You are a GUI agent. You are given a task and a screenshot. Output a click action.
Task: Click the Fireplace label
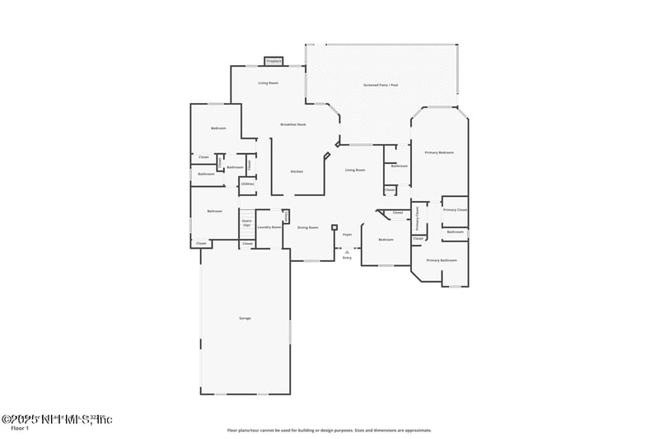(x=273, y=61)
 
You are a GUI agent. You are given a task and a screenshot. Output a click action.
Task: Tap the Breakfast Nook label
(x=292, y=124)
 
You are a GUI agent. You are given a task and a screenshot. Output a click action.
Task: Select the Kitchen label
(x=297, y=171)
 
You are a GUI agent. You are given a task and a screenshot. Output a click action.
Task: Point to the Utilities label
(x=247, y=184)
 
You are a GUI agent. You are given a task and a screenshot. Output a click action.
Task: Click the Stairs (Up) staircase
(x=246, y=222)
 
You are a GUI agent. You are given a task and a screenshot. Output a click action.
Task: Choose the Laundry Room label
(x=269, y=227)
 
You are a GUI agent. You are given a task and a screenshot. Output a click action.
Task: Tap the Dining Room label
(x=307, y=227)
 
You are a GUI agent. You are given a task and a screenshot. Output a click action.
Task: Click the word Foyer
(x=348, y=235)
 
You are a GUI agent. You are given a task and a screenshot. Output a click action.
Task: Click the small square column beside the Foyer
(x=334, y=227)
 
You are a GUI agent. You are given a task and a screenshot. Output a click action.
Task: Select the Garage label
(x=245, y=318)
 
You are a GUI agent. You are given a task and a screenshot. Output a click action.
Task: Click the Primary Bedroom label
(x=439, y=152)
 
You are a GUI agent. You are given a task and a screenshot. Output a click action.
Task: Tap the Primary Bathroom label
(x=441, y=260)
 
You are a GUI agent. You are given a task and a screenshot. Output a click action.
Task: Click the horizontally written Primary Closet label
(x=455, y=210)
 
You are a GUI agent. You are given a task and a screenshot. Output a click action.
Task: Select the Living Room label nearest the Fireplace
(x=268, y=83)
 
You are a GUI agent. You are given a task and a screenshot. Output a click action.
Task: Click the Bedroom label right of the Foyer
(x=386, y=240)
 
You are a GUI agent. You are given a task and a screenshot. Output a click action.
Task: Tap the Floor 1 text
(x=20, y=428)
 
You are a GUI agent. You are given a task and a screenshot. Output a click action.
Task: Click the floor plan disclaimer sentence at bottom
(x=329, y=430)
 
